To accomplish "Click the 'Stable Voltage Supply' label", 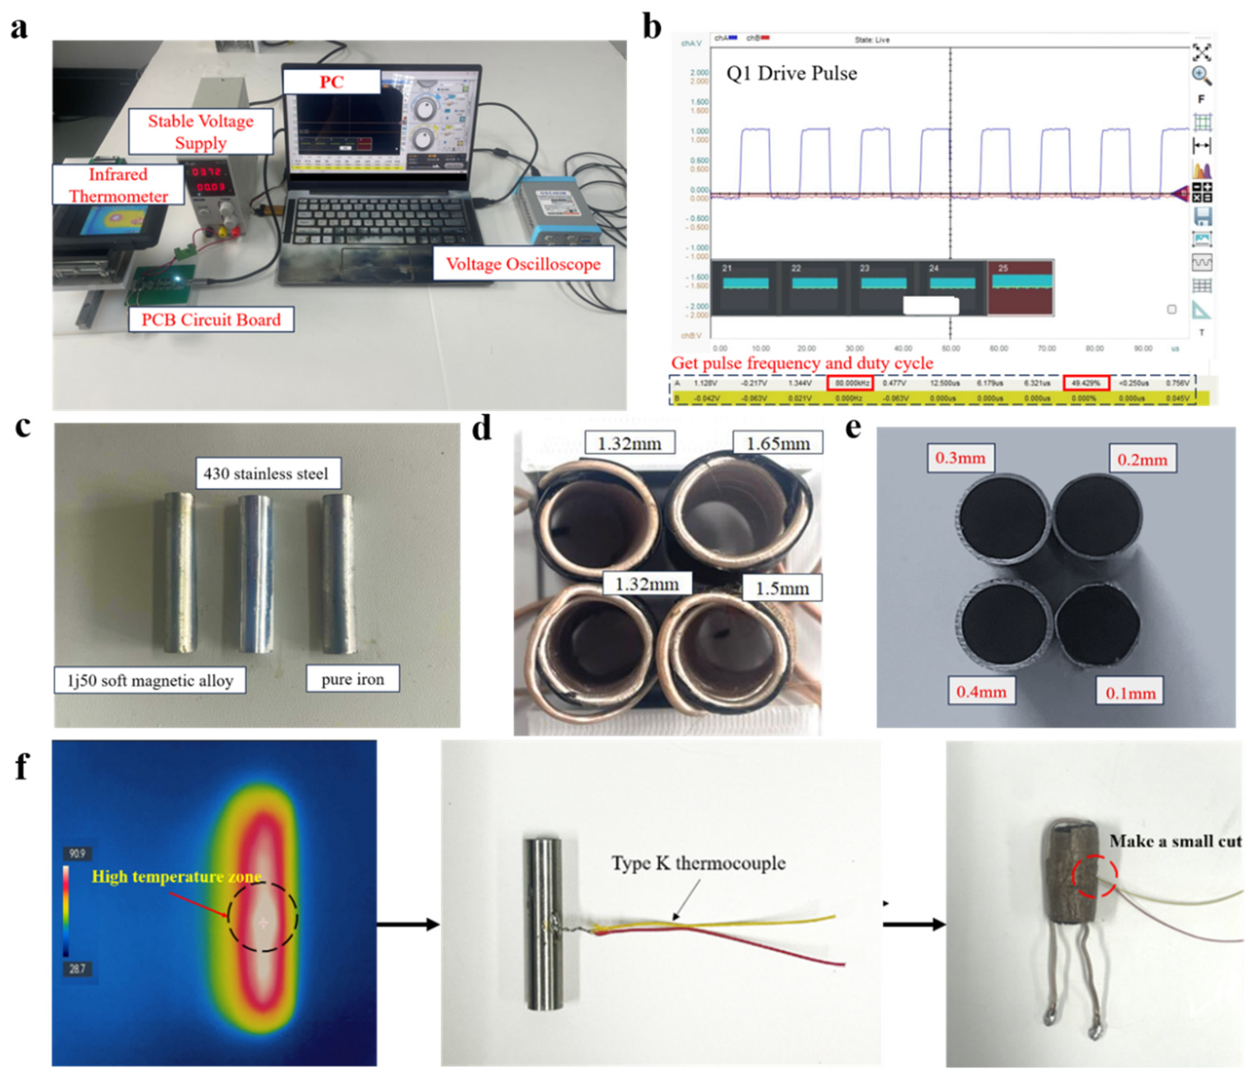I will click(200, 132).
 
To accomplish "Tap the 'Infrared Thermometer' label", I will click(119, 185).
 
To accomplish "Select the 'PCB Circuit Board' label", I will click(211, 319).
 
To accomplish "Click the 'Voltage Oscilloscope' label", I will click(523, 263).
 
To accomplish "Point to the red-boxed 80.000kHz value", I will click(850, 383).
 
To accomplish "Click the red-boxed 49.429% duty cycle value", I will click(1086, 383).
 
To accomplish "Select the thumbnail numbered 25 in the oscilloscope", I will click(1020, 287).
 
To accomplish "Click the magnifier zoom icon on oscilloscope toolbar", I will click(1202, 76).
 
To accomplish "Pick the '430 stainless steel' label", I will click(266, 474).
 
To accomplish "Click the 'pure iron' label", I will click(353, 679).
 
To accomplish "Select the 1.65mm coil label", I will click(778, 443).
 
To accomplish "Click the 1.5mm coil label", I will click(782, 588).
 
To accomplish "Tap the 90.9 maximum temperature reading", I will click(77, 854).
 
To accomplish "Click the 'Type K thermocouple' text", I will click(698, 863).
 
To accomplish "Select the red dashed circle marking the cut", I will click(1095, 875).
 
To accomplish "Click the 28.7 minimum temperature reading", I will click(77, 969).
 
